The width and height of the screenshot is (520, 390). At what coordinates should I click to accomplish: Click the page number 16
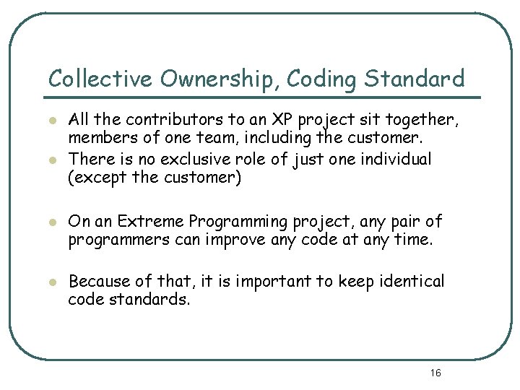435,373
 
